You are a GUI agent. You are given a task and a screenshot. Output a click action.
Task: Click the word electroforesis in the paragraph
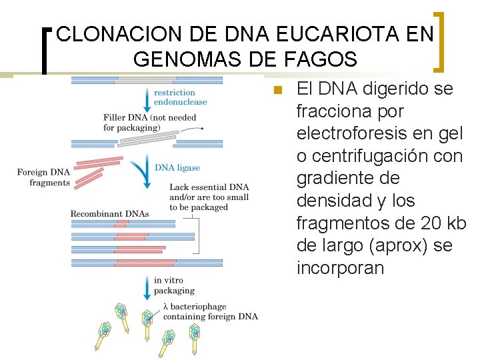pyautogui.click(x=356, y=133)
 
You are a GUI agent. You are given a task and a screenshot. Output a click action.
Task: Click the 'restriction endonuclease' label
pyautogui.click(x=180, y=97)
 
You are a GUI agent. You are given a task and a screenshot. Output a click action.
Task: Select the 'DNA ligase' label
pyautogui.click(x=177, y=168)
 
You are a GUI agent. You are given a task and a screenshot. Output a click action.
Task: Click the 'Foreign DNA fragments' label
pyautogui.click(x=43, y=178)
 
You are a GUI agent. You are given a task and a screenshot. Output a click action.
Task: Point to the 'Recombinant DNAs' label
pyautogui.click(x=109, y=213)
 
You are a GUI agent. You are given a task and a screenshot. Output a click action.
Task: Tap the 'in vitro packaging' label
pyautogui.click(x=174, y=285)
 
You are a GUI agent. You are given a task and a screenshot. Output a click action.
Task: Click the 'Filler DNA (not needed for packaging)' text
pyautogui.click(x=149, y=122)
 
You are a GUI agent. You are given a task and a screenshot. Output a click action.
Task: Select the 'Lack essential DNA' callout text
pyautogui.click(x=209, y=197)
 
